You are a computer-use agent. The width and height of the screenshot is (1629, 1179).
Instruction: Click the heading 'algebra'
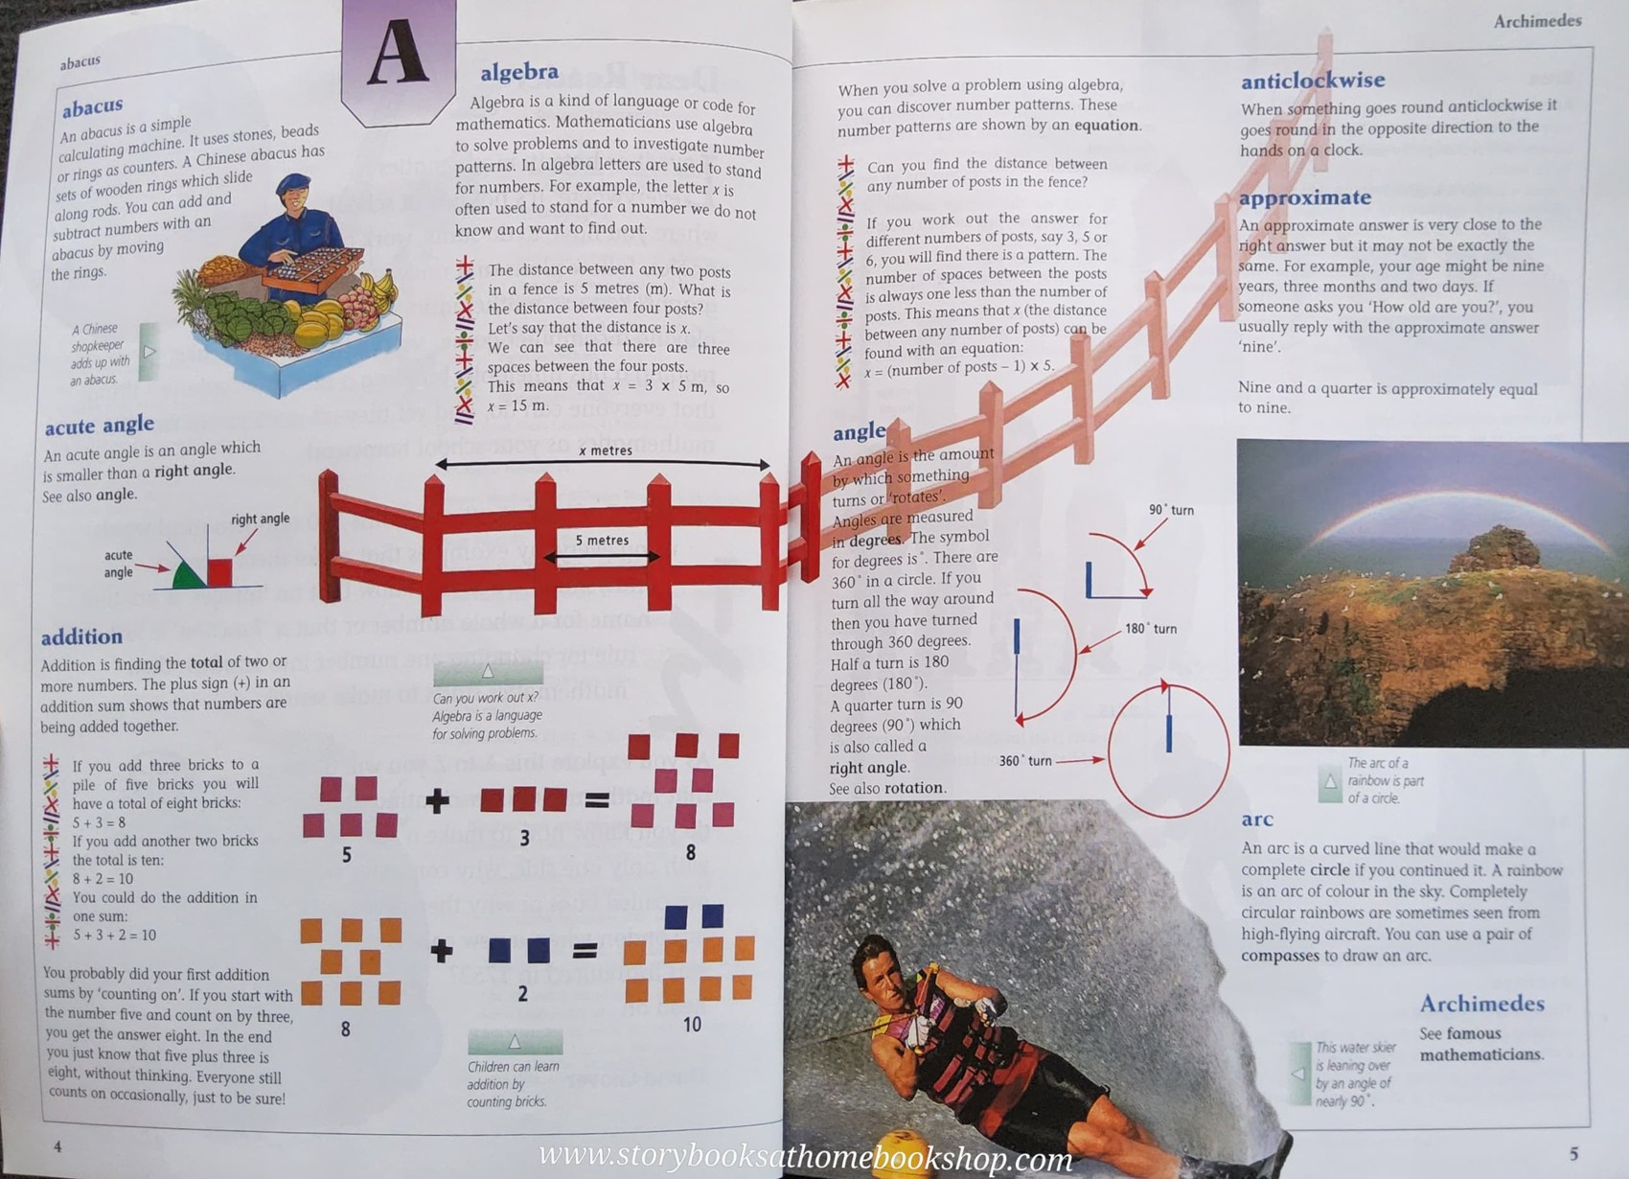pyautogui.click(x=519, y=72)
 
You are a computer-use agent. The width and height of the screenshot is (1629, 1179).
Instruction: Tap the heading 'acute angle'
pyautogui.click(x=99, y=425)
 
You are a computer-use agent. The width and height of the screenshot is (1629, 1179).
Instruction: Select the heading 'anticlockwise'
pyautogui.click(x=1312, y=81)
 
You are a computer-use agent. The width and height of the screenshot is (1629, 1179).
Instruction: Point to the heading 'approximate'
pyautogui.click(x=1304, y=197)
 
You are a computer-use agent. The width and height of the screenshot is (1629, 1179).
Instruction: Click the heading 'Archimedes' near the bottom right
pyautogui.click(x=1481, y=1004)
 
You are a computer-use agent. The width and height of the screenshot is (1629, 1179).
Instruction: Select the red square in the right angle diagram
pyautogui.click(x=220, y=571)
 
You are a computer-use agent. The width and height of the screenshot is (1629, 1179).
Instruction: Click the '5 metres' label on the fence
pyautogui.click(x=602, y=541)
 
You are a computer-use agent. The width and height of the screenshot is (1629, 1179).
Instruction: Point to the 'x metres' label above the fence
pyautogui.click(x=605, y=451)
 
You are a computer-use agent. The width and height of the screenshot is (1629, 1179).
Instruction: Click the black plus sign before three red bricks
pyautogui.click(x=438, y=801)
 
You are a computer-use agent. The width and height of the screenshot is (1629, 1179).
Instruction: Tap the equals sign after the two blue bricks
pyautogui.click(x=585, y=951)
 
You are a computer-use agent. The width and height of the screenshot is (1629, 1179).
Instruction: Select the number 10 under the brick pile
pyautogui.click(x=692, y=1025)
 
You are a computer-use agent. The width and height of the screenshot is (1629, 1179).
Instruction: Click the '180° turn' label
pyautogui.click(x=1151, y=629)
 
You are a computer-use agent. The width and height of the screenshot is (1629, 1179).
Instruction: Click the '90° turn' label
pyautogui.click(x=1171, y=510)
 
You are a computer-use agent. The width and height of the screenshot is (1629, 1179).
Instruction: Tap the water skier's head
pyautogui.click(x=877, y=967)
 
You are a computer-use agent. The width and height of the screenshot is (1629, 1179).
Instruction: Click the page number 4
pyautogui.click(x=57, y=1146)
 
